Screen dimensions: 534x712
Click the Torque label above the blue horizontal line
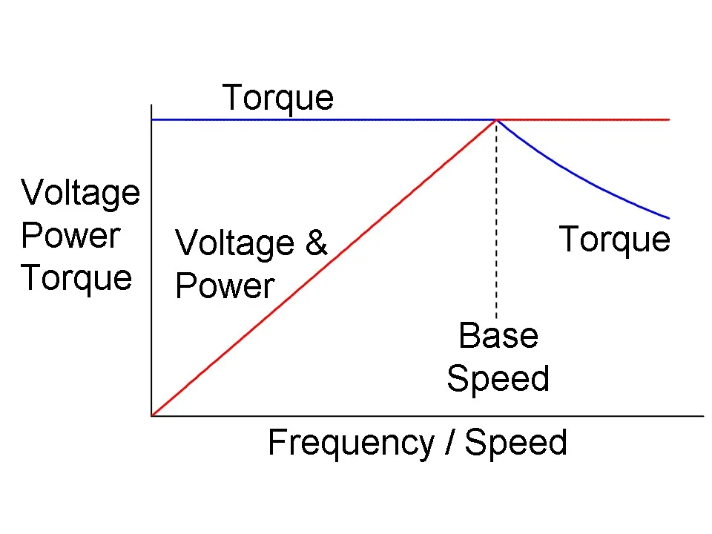click(x=278, y=98)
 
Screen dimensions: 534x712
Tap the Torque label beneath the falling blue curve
click(x=614, y=240)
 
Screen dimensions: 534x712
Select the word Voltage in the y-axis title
click(x=80, y=193)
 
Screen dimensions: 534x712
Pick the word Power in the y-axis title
click(x=70, y=236)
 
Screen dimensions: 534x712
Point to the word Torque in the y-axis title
click(x=76, y=278)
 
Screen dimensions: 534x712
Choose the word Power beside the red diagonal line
click(x=225, y=286)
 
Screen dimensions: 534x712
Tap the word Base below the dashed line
click(x=498, y=335)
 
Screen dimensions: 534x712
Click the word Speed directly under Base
click(x=498, y=379)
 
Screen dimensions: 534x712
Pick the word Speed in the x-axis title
click(x=515, y=444)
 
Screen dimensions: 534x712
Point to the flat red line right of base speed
click(x=586, y=119)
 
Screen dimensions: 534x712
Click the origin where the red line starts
click(x=152, y=415)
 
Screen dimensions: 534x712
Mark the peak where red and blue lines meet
click(x=496, y=119)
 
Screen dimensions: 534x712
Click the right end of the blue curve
click(x=668, y=218)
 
